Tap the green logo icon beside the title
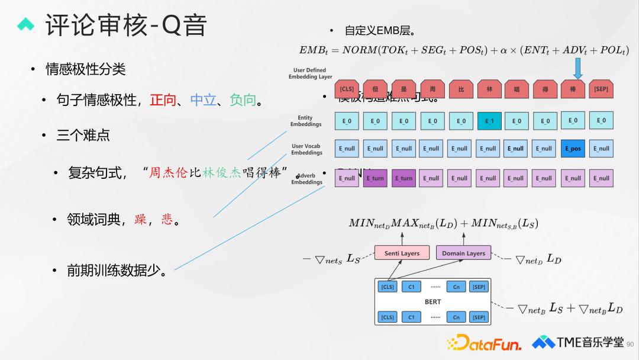click(x=27, y=25)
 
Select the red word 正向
click(x=163, y=100)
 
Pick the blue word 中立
click(x=203, y=100)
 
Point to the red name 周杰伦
click(x=169, y=173)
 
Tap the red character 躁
click(x=140, y=220)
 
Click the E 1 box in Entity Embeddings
click(x=489, y=121)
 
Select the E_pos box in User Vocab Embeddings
click(x=573, y=149)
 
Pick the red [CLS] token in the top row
click(x=347, y=89)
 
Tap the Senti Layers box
click(x=402, y=253)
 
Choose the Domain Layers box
click(x=463, y=253)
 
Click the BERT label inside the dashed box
click(x=433, y=302)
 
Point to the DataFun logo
click(x=485, y=343)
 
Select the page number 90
click(x=629, y=344)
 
